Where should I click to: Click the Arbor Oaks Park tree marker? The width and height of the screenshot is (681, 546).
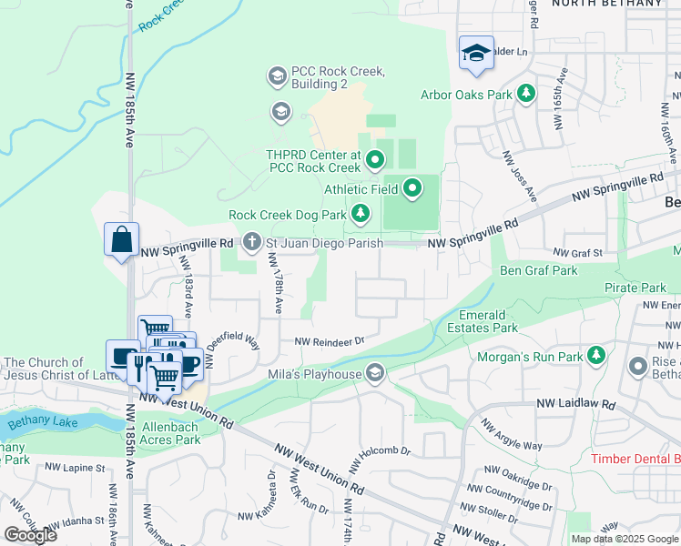point(525,94)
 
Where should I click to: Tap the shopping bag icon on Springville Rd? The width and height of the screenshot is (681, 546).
point(121,241)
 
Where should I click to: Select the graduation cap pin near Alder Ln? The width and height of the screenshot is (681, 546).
point(475,54)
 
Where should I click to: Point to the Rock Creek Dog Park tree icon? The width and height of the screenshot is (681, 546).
point(361,215)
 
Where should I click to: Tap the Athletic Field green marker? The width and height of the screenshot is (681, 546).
point(412,189)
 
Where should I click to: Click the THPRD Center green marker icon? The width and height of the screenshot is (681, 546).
point(374,162)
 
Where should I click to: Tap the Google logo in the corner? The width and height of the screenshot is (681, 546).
point(30,535)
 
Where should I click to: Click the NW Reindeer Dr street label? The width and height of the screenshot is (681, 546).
point(329,341)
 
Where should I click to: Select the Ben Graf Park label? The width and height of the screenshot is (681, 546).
point(539,270)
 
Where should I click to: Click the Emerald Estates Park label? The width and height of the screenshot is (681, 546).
point(483,321)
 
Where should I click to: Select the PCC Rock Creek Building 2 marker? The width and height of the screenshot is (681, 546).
point(276,76)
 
